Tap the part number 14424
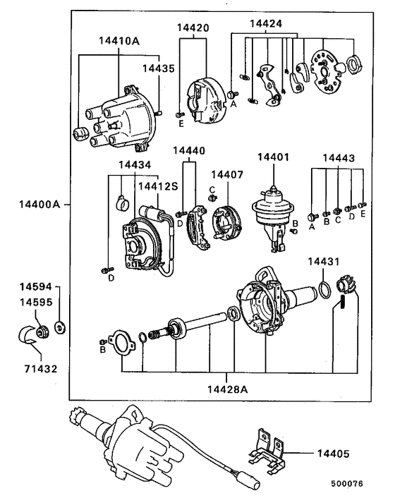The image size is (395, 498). coord(266,23)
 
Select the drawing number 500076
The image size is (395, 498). coord(349,485)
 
